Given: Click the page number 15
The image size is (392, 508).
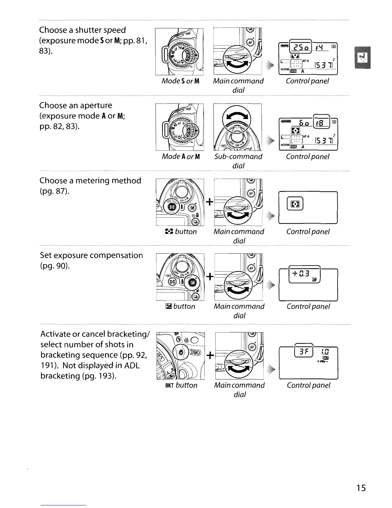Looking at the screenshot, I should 361,488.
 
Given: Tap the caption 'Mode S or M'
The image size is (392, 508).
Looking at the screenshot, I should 181,81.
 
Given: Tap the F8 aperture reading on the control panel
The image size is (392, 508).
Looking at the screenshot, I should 321,123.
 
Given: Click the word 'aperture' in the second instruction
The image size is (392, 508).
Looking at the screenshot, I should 96,106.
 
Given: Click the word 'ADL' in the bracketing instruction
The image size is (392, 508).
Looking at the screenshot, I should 132,366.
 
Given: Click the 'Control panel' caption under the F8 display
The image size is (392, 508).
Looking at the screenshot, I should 307,157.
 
